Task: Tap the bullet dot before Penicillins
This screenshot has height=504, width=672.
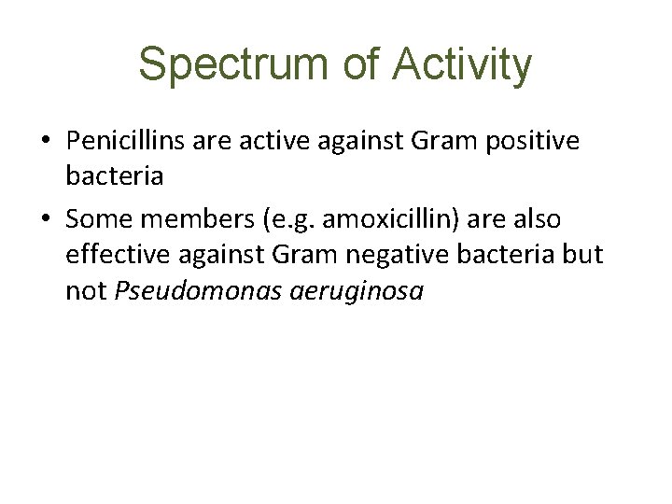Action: [x=46, y=143]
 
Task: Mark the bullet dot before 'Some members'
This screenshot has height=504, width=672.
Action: [x=46, y=219]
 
